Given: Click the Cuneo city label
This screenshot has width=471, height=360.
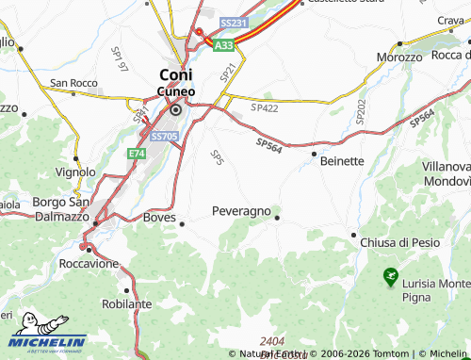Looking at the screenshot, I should pyautogui.click(x=175, y=91).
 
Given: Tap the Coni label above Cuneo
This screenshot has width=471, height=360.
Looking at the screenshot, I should pyautogui.click(x=175, y=74).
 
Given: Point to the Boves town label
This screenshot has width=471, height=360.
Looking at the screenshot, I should pyautogui.click(x=159, y=217).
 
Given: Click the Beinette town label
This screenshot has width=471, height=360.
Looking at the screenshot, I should pyautogui.click(x=342, y=160).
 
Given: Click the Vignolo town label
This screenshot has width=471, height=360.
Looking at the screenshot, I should pyautogui.click(x=75, y=172).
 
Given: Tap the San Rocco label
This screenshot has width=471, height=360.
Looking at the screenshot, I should pyautogui.click(x=73, y=83).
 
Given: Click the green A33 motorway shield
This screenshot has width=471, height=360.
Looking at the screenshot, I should pyautogui.click(x=223, y=44).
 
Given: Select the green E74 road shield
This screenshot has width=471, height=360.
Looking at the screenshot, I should pyautogui.click(x=137, y=153).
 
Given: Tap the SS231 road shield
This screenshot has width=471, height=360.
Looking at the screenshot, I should pyautogui.click(x=232, y=22).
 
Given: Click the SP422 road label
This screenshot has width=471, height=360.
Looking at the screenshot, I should pyautogui.click(x=265, y=108).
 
